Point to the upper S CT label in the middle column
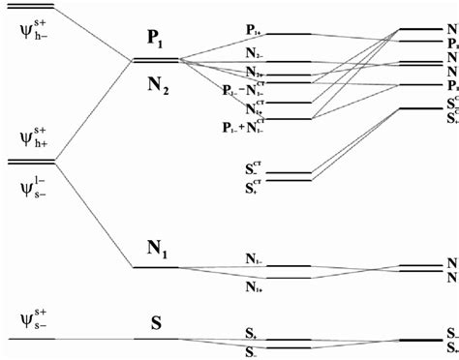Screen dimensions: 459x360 coord(257,165)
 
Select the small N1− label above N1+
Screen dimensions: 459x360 coord(256,258)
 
